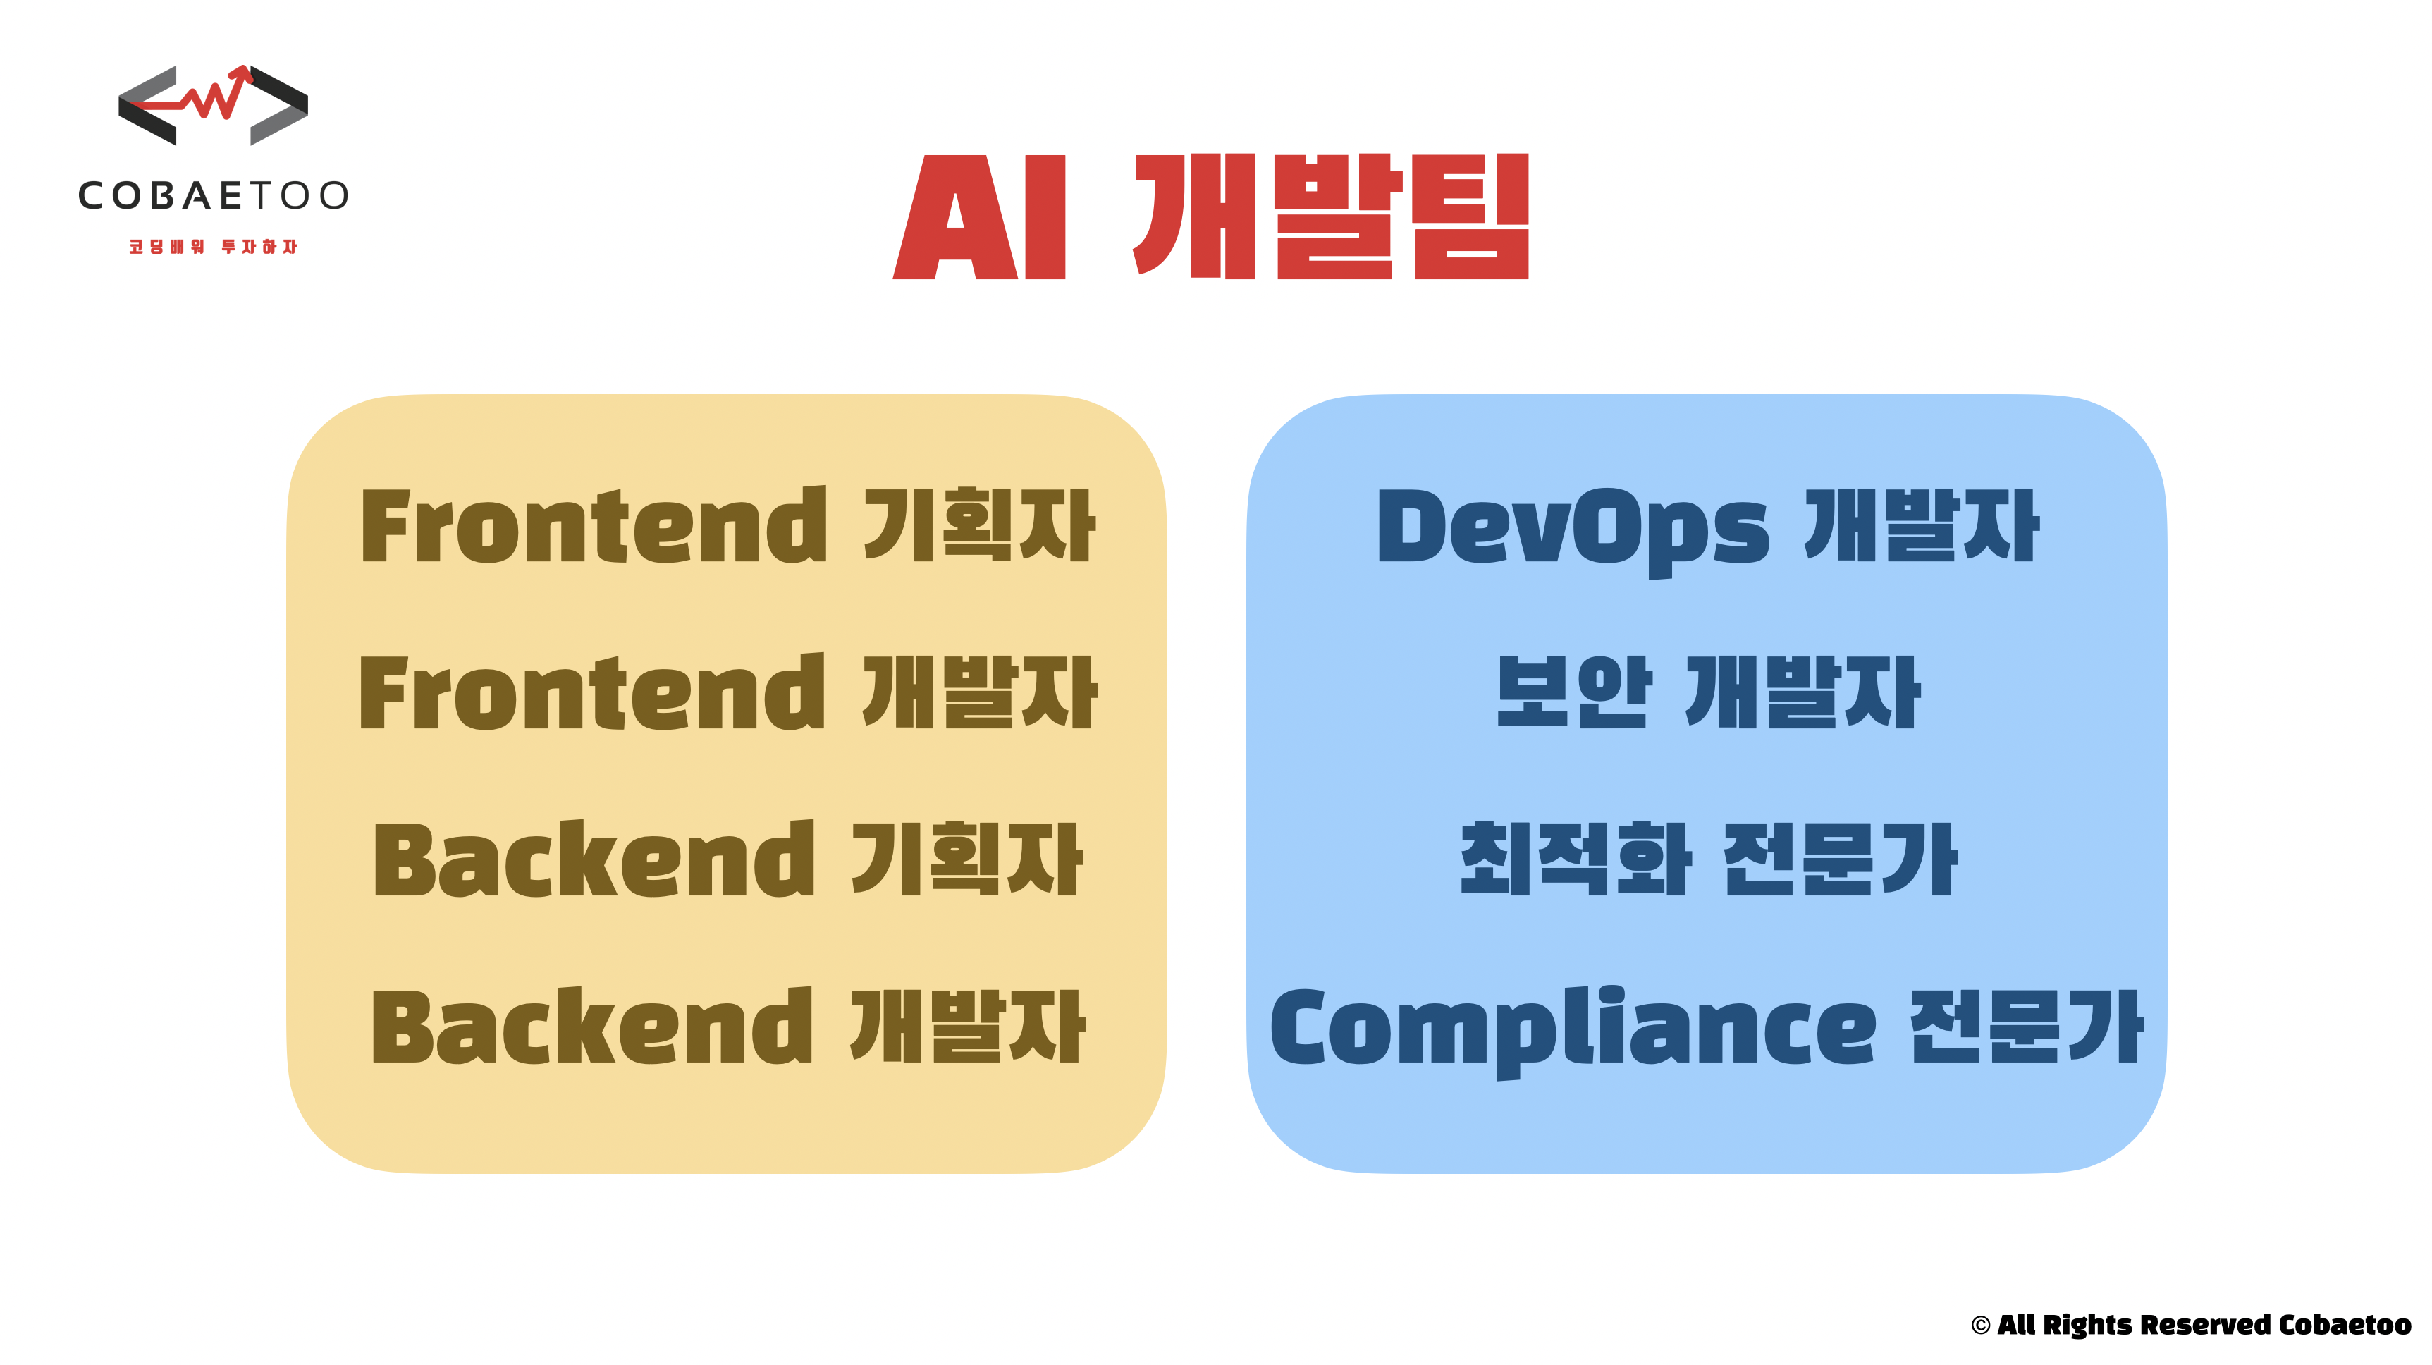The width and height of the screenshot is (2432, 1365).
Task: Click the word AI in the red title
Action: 980,217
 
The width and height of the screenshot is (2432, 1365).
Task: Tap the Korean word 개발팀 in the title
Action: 1331,217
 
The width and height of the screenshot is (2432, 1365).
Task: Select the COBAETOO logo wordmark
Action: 214,195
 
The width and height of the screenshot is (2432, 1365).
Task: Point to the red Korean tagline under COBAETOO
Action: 214,246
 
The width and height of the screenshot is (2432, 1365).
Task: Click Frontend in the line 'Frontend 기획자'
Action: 593,526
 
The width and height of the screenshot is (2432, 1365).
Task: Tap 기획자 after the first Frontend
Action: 980,526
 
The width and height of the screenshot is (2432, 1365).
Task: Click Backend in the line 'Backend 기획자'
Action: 593,860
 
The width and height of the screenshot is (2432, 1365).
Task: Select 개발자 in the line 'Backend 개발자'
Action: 968,1027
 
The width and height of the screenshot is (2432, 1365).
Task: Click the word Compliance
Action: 1573,1029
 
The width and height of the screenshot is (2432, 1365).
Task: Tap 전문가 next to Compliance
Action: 2027,1027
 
